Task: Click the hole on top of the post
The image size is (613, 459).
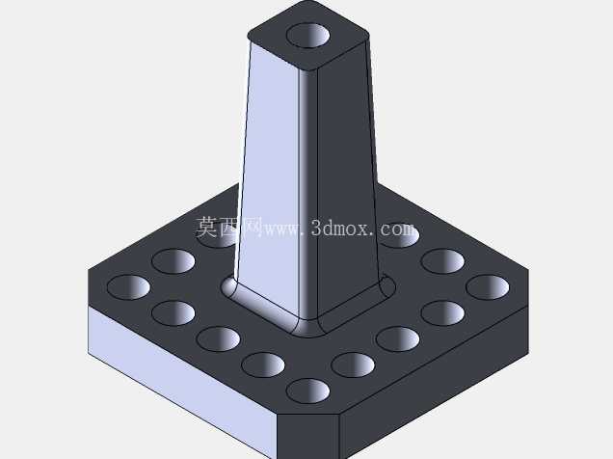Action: coord(308,35)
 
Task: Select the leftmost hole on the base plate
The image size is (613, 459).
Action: coord(128,287)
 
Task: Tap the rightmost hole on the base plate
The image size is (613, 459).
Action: coord(488,287)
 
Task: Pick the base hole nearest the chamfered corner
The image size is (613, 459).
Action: coord(308,391)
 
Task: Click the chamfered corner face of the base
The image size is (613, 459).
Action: coord(308,436)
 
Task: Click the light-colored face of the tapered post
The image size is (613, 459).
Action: coord(270,172)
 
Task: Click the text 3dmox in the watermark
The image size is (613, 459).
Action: coord(340,228)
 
